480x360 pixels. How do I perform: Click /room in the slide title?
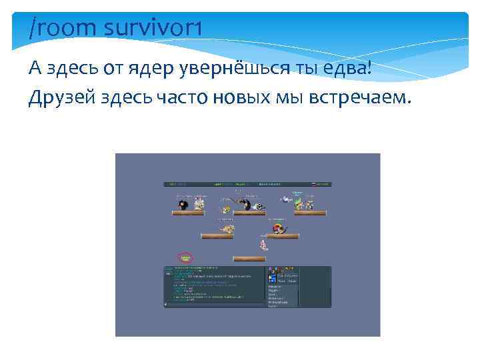click(64, 28)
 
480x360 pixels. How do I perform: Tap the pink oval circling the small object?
click(185, 257)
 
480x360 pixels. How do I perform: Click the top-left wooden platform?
click(188, 213)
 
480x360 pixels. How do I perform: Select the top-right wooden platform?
click(309, 213)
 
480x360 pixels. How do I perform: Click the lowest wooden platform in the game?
click(249, 259)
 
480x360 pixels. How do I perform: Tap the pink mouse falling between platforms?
click(263, 245)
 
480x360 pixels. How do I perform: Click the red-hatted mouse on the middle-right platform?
click(276, 229)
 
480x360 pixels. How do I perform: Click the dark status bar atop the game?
click(247, 184)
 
